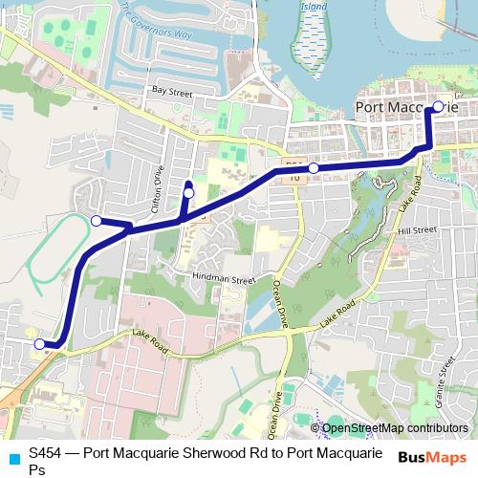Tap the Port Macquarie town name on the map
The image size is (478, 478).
[406, 108]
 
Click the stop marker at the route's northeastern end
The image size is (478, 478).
[438, 107]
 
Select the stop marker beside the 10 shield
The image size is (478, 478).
[314, 168]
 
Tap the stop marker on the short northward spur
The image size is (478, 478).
[188, 193]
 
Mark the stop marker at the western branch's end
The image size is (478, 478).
[96, 221]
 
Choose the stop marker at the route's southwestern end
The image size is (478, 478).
[39, 343]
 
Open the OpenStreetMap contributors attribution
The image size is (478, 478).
[395, 428]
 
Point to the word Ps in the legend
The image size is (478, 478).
[37, 469]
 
